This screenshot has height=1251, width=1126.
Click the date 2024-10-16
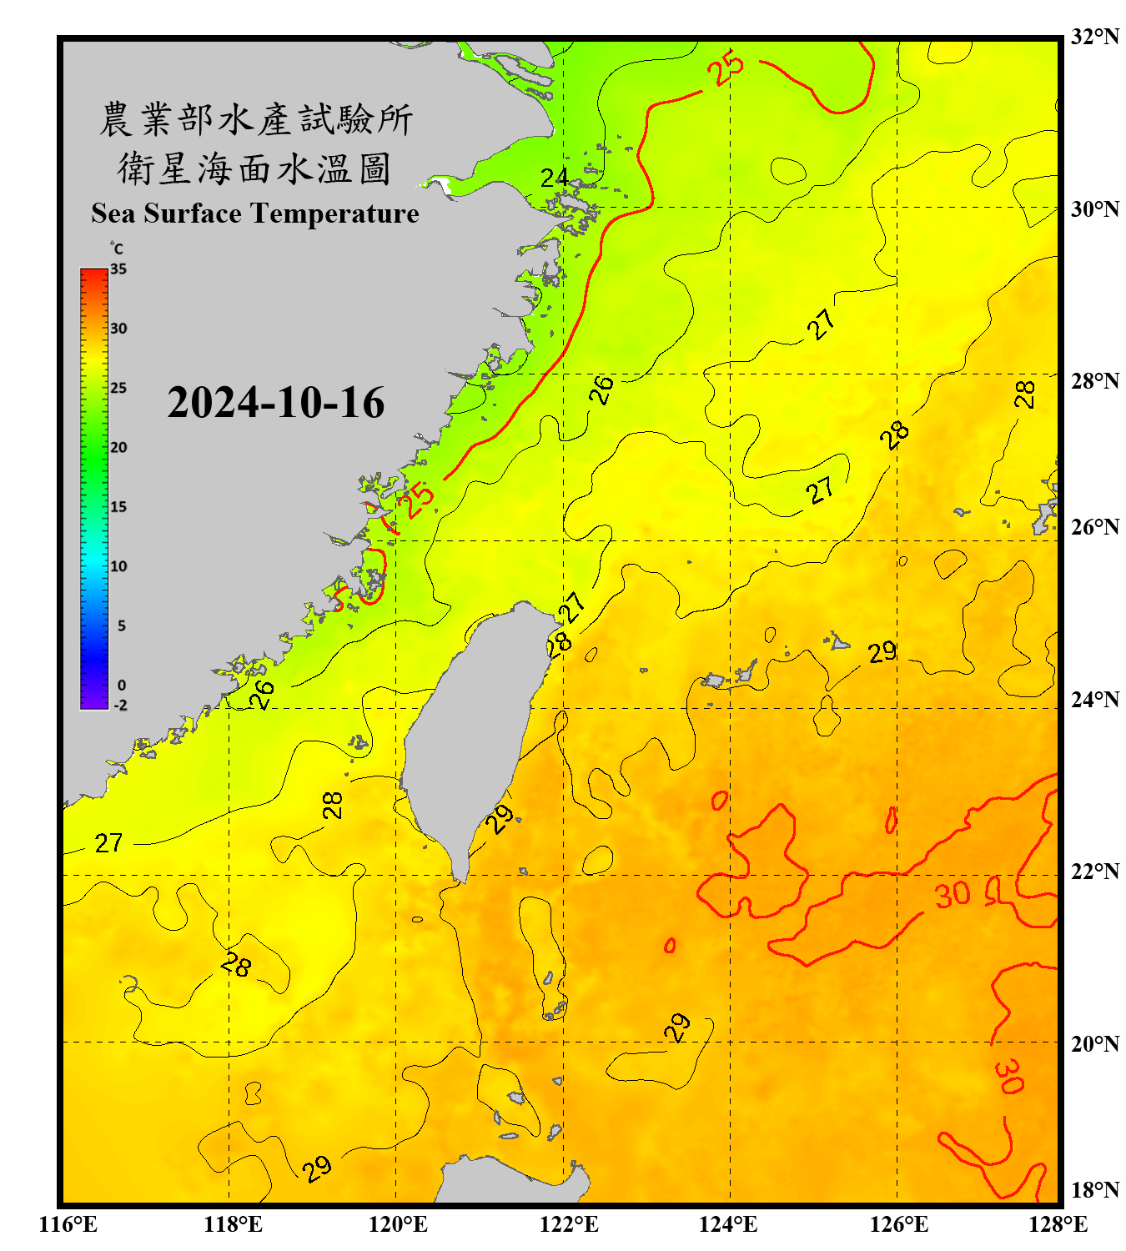[x=275, y=403]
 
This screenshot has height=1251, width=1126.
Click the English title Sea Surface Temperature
[x=255, y=214]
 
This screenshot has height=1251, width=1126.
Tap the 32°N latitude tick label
[x=1094, y=37]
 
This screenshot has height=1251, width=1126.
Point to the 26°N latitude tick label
[x=1094, y=527]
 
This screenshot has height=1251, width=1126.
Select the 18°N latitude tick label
[x=1094, y=1190]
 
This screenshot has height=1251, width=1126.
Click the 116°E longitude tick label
[x=68, y=1224]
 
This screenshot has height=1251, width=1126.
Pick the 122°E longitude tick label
[x=569, y=1224]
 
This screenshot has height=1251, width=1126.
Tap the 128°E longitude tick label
[x=1058, y=1224]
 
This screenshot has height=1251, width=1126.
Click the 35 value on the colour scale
[x=118, y=269]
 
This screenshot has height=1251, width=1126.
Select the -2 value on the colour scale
[x=120, y=706]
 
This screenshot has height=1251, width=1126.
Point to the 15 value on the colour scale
[x=118, y=507]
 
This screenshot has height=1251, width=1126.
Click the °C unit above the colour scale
[x=117, y=249]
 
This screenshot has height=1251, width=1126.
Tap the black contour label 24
[x=555, y=178]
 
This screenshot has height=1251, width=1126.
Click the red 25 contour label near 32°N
[x=726, y=68]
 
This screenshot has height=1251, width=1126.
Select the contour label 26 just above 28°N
[x=601, y=390]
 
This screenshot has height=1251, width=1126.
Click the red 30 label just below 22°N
[x=952, y=895]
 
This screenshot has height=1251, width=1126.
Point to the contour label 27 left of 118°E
[x=109, y=843]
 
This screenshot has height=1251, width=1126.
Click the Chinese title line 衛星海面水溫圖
[x=254, y=169]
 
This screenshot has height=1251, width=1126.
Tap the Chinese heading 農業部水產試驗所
[x=256, y=120]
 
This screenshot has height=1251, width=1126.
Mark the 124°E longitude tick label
[x=728, y=1224]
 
